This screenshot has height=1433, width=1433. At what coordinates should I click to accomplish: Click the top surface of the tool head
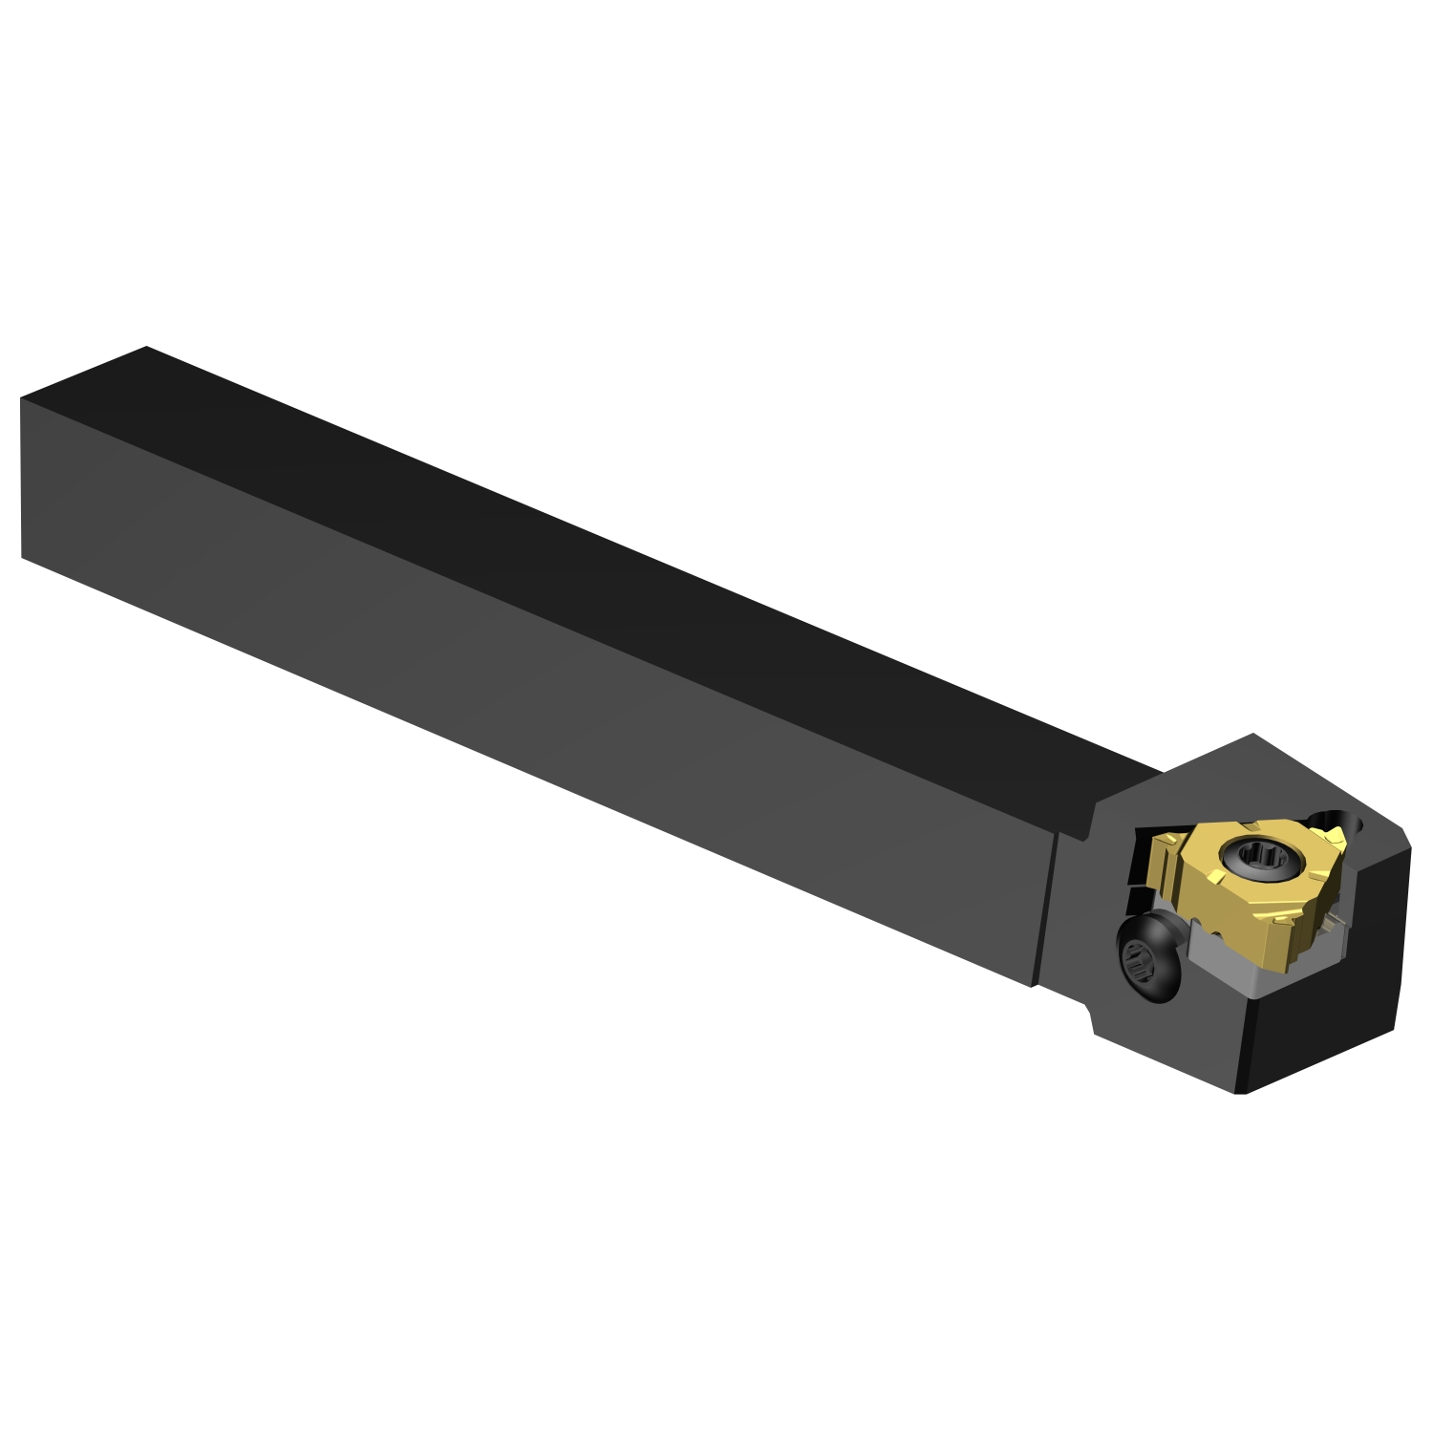click(x=1242, y=779)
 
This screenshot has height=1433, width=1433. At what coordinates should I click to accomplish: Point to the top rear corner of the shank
click(x=145, y=348)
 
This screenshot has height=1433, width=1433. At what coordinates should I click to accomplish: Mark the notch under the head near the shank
click(x=1089, y=1013)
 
